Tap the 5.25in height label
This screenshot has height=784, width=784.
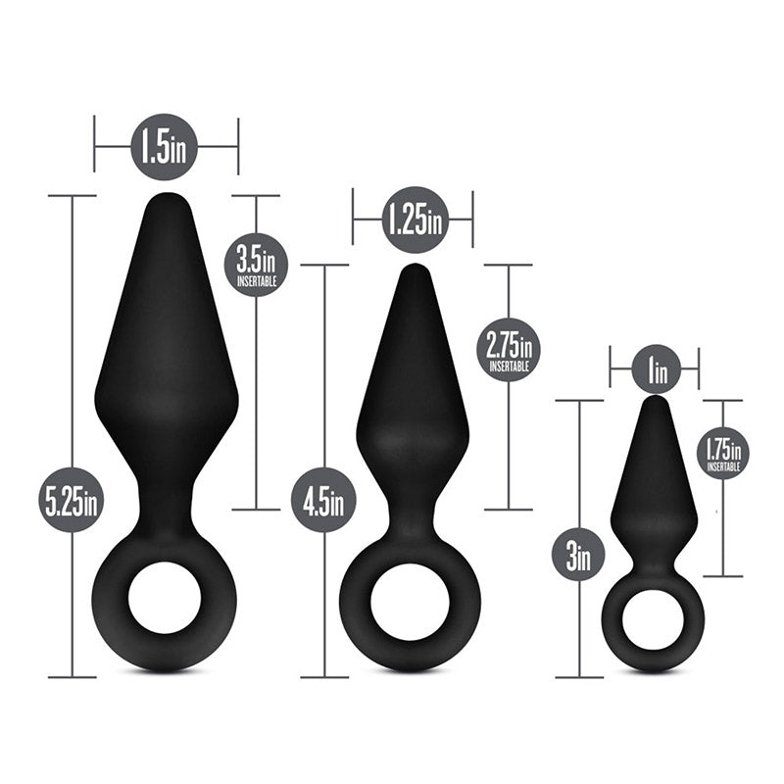coord(71,500)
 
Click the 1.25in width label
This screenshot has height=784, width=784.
coord(413,220)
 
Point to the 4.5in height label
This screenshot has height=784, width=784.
coord(323,500)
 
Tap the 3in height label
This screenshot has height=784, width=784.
coord(578,559)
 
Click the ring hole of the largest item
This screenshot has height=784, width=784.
coord(165,598)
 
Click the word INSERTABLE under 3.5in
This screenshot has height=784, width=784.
coord(256,281)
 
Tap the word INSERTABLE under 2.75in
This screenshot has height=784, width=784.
coord(509,366)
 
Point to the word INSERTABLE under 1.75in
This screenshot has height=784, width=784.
coord(722,468)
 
